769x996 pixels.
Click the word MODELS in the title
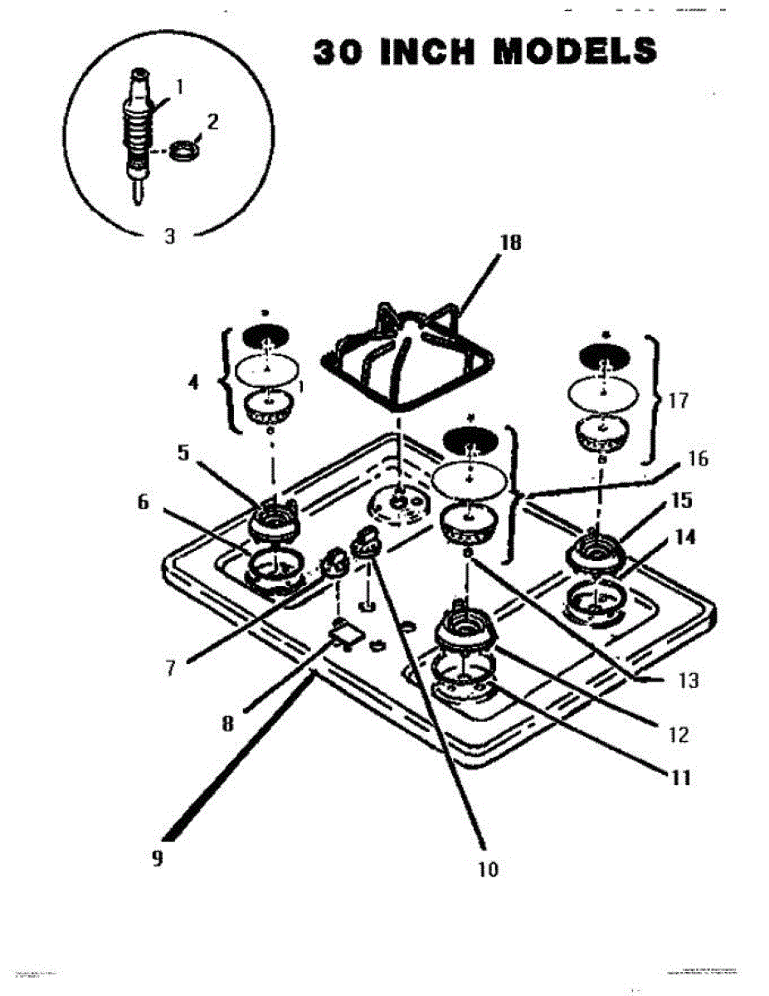575,51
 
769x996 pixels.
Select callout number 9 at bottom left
157,858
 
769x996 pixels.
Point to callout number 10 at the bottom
489,869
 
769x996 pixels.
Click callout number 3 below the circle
169,236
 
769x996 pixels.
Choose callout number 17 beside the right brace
678,401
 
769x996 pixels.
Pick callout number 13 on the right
689,681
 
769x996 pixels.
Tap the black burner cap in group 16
470,439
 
